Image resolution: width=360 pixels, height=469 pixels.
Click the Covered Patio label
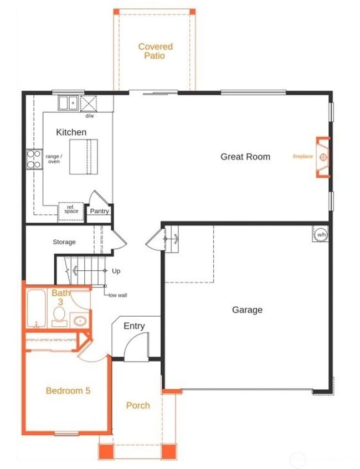pos(155,51)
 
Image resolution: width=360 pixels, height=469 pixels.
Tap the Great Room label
pos(245,157)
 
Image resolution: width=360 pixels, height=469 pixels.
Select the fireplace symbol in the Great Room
pos(323,157)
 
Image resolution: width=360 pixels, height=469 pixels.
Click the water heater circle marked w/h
pos(321,235)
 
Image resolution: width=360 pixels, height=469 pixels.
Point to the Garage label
pos(247,310)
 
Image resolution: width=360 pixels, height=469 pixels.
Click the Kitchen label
pos(71,132)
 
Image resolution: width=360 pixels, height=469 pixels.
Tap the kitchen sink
pos(69,102)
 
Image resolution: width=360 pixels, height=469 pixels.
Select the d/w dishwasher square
pos(89,103)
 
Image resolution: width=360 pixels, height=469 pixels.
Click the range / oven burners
pos(33,159)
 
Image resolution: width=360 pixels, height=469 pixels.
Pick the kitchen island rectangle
pos(84,157)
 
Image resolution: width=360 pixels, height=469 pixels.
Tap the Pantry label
pos(100,211)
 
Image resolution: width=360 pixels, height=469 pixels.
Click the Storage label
pos(64,242)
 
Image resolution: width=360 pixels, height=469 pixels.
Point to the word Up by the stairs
pos(116,271)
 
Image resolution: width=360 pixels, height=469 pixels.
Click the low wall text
pos(118,295)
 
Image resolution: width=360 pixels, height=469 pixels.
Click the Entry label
pos(134,326)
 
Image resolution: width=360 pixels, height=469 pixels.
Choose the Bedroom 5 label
pos(68,390)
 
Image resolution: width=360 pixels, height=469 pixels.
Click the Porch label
pos(138,405)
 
